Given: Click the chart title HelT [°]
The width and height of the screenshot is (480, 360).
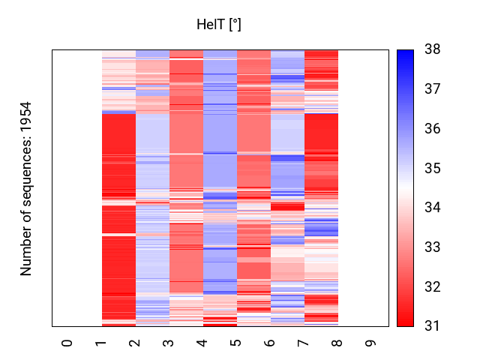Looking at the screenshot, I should (218, 25).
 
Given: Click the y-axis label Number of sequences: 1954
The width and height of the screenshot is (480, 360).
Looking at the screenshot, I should (27, 188).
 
